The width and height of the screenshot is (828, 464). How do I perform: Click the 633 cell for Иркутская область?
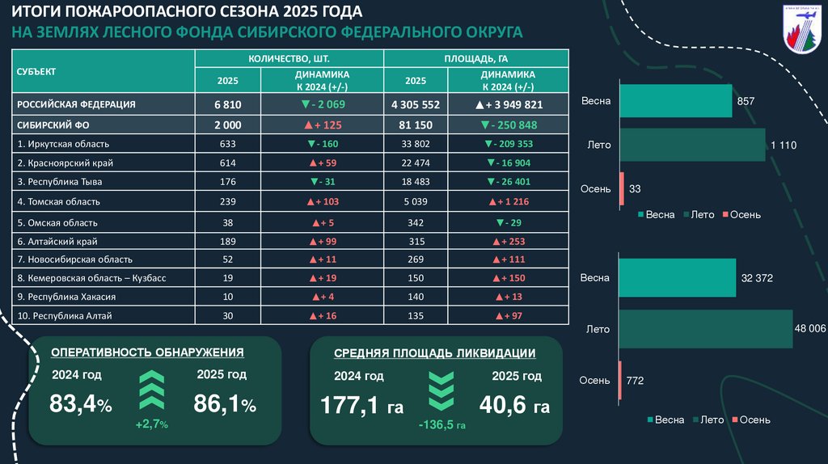(x=227, y=144)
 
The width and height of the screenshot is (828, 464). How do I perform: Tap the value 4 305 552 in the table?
(x=415, y=105)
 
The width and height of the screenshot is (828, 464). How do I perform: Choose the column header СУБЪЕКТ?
(x=36, y=71)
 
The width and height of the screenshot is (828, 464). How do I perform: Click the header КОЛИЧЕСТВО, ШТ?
(x=289, y=59)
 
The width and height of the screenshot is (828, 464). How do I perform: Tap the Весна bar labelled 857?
(x=675, y=101)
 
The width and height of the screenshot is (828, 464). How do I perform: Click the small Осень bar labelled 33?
(x=621, y=188)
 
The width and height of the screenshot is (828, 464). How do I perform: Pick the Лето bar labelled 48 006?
(x=705, y=329)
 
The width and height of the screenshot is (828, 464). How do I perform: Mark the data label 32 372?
(x=757, y=278)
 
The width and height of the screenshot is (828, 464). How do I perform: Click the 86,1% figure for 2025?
(x=224, y=403)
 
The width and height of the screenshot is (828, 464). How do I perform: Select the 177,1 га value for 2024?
(x=361, y=405)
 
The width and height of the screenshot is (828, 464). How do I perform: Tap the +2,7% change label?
(x=151, y=424)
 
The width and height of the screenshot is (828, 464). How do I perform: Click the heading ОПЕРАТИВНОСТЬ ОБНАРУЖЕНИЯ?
(x=147, y=352)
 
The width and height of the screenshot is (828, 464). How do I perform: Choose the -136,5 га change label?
(x=441, y=425)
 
